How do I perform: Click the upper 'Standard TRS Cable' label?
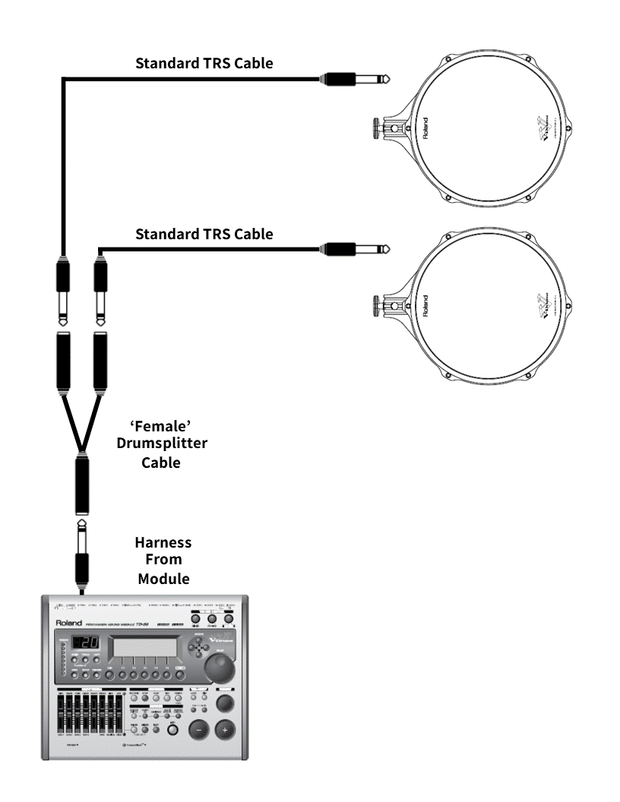pyautogui.click(x=204, y=64)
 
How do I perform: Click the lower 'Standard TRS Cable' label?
pyautogui.click(x=204, y=234)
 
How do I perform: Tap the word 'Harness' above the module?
pyautogui.click(x=163, y=543)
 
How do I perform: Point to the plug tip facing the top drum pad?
pyautogui.click(x=385, y=78)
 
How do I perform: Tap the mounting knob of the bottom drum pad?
pyautogui.click(x=376, y=306)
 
